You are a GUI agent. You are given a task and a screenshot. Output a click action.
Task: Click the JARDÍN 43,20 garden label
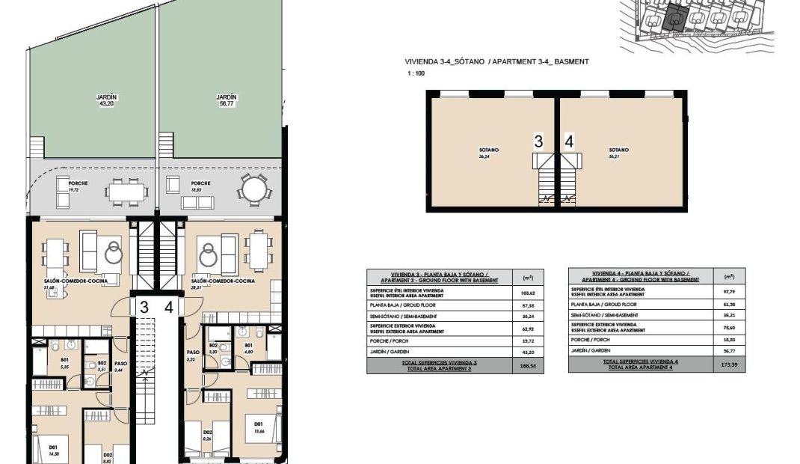(x=107, y=101)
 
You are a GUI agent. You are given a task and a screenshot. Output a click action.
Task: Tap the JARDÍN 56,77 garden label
(x=227, y=101)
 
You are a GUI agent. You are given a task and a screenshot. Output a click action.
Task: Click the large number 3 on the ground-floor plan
(x=144, y=306)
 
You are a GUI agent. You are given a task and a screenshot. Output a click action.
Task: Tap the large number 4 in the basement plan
(x=569, y=141)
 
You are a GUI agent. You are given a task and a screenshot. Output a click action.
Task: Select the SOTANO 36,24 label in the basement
(x=489, y=153)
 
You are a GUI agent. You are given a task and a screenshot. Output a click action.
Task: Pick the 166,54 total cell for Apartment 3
(x=528, y=366)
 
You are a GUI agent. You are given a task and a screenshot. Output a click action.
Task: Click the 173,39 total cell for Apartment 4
(x=730, y=364)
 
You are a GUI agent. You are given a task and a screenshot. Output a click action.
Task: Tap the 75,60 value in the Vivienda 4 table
(x=730, y=328)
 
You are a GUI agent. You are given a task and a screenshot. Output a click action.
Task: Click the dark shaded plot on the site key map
(x=675, y=17)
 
